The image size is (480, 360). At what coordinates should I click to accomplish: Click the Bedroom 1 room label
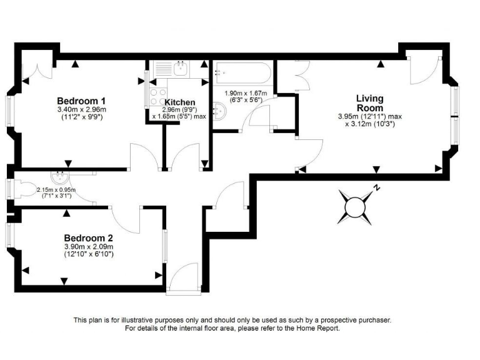click(81, 101)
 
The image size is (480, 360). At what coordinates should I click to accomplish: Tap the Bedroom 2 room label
click(89, 237)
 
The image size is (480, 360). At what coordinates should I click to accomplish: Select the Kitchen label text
click(180, 102)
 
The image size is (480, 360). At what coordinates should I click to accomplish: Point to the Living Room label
click(369, 103)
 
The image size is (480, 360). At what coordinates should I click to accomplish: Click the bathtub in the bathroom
click(241, 74)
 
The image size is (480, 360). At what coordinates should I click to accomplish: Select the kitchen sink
click(179, 67)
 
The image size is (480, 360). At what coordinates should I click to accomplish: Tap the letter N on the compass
click(377, 187)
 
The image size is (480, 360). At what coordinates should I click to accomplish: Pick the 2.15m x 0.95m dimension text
click(56, 190)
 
